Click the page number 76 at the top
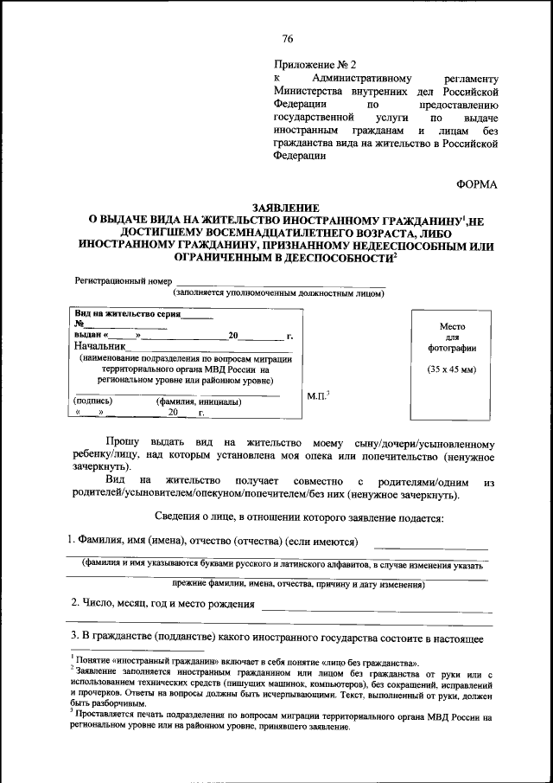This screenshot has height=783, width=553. pyautogui.click(x=288, y=39)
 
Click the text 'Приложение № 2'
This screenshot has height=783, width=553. pyautogui.click(x=315, y=65)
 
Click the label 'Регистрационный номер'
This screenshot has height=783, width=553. pyautogui.click(x=122, y=282)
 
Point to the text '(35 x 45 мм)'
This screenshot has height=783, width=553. pyautogui.click(x=452, y=370)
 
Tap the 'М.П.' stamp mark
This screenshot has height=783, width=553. pyautogui.click(x=317, y=396)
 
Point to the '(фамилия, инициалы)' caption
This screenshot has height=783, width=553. pyautogui.click(x=198, y=401)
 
